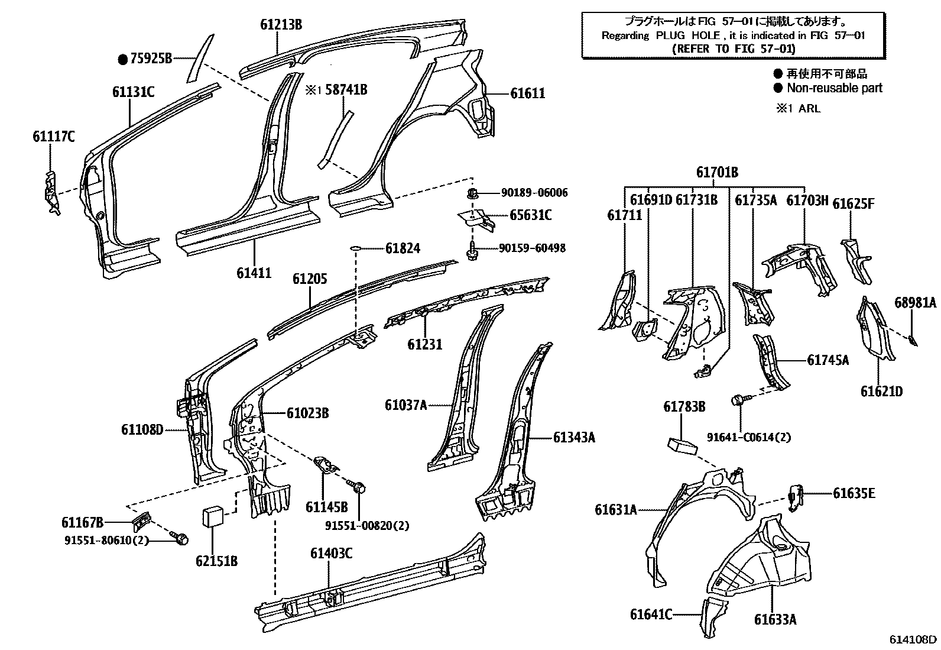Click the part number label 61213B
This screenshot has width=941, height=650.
pos(281,24)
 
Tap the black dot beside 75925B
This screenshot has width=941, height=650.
pos(122,59)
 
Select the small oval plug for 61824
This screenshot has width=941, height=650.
pos(355,248)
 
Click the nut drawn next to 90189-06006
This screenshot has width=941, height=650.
pos(472,193)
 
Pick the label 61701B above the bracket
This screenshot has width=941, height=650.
pos(716,173)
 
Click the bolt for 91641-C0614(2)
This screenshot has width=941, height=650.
pos(739,400)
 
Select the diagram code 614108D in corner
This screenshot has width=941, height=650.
pos(913,639)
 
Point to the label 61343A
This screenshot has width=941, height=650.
pos(573,437)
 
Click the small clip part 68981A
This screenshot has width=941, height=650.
pos(912,341)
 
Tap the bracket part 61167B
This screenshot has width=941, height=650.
pos(141,520)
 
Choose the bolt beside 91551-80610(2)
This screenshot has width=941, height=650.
pos(181,538)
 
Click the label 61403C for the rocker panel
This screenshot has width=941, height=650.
pos(331,553)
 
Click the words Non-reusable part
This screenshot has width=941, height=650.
pos(834,88)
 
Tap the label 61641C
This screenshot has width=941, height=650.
pos(651,615)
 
